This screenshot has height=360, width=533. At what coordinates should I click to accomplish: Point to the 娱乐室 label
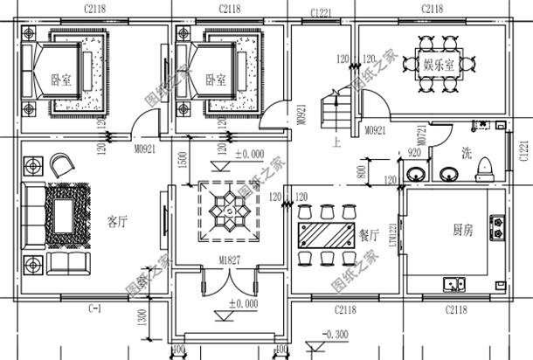438,65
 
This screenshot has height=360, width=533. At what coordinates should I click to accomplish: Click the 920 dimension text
414,154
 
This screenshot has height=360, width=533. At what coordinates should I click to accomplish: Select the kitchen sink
455,284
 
